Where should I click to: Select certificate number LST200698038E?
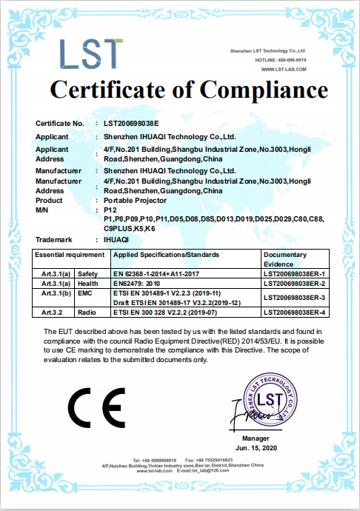point(131,122)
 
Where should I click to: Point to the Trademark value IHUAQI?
point(117,239)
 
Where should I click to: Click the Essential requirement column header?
point(71,254)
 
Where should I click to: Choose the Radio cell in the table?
point(88,313)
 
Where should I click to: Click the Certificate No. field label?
point(60,122)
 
